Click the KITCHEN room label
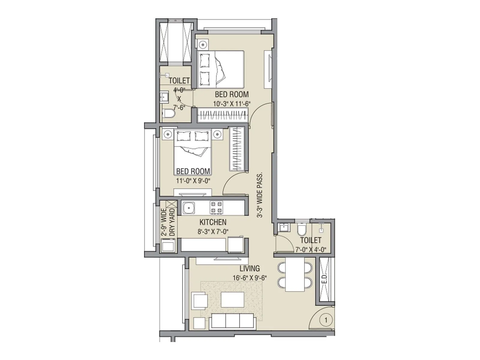point(213,222)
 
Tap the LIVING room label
point(250,268)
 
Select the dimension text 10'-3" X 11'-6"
point(232,104)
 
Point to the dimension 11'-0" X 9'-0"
point(193,181)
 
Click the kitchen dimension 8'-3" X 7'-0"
point(213,231)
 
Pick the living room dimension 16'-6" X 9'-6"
point(250,278)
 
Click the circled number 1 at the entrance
point(326,320)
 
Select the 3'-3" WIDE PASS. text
point(260,195)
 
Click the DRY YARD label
point(172,222)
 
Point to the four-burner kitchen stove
point(216,207)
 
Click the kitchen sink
point(188,208)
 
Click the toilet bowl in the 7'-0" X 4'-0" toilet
point(301,230)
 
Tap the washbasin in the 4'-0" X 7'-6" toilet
point(164,97)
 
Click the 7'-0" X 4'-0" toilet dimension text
point(311,250)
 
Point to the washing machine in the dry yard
point(168,247)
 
